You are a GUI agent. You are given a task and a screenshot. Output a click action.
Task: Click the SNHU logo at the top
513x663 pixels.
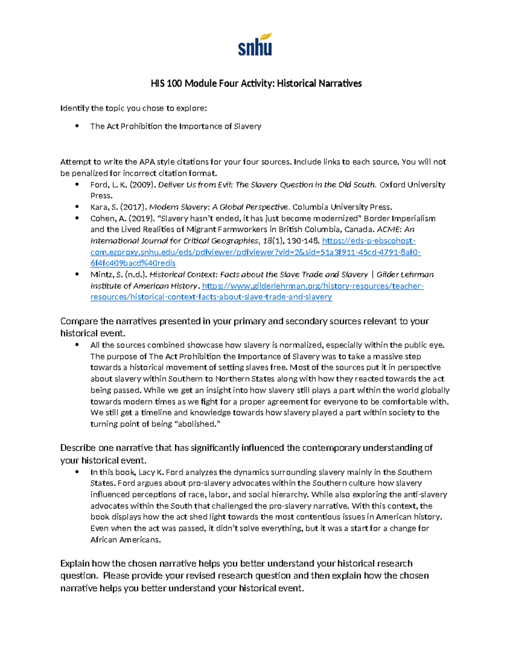(255, 45)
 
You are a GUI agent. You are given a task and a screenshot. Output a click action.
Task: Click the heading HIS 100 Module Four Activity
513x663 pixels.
(256, 83)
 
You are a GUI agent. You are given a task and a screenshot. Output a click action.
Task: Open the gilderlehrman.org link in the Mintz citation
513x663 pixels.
(312, 286)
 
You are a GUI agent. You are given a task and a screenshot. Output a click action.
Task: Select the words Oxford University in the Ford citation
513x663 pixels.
(413, 185)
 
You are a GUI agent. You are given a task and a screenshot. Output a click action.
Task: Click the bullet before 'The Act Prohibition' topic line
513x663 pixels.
(77, 126)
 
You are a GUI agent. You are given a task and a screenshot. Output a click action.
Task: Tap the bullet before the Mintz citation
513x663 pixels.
(77, 275)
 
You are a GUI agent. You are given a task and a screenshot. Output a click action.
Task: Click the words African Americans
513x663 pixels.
(126, 540)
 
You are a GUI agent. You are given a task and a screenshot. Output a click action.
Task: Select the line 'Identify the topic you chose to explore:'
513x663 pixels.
(133, 108)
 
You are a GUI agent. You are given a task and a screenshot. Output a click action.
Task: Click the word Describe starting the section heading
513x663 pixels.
(78, 448)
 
